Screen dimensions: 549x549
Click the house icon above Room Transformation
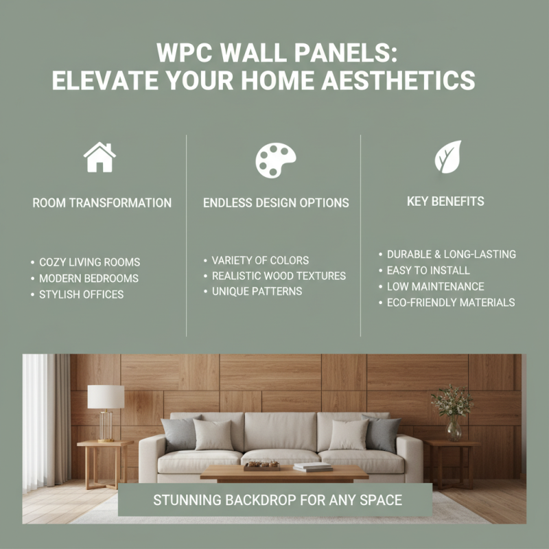point(100,157)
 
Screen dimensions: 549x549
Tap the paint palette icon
point(275,160)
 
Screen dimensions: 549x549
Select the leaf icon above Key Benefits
point(447,157)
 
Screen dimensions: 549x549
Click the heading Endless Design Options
point(276,203)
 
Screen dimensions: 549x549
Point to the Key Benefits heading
point(445,202)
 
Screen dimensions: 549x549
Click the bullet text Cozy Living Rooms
point(89,262)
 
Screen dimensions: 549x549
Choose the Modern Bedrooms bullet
point(89,279)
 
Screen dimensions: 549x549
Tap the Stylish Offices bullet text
point(81,294)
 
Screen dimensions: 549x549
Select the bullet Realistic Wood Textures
point(279,276)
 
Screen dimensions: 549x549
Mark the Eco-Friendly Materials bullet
point(450,302)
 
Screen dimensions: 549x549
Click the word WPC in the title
point(185,53)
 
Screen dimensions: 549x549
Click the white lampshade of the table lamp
point(106,397)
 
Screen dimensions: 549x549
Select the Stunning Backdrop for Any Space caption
point(274,500)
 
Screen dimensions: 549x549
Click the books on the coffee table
point(313,467)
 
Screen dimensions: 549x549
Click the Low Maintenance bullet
point(435,286)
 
